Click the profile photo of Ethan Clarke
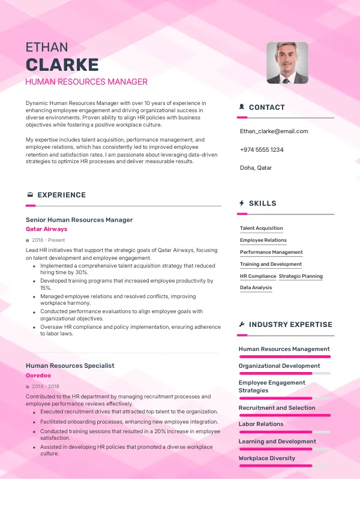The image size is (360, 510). [287, 62]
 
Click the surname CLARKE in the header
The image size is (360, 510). [62, 65]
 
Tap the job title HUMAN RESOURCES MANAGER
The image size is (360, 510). [86, 82]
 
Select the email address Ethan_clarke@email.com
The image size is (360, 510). [274, 131]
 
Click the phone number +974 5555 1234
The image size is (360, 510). [262, 149]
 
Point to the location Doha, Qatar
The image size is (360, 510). [256, 168]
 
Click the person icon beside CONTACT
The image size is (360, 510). [241, 107]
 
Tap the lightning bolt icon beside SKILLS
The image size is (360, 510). [241, 203]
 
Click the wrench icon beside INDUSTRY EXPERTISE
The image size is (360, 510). [241, 325]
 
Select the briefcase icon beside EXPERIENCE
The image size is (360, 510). [30, 195]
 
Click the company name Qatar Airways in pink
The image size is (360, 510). [47, 229]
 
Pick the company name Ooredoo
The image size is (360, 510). [38, 375]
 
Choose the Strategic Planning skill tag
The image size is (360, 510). [301, 276]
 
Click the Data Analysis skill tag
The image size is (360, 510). [256, 288]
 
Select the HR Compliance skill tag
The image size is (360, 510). [258, 276]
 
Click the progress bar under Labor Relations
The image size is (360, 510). [284, 431]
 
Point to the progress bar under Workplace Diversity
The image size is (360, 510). [284, 466]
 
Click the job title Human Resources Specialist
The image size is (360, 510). [70, 365]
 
